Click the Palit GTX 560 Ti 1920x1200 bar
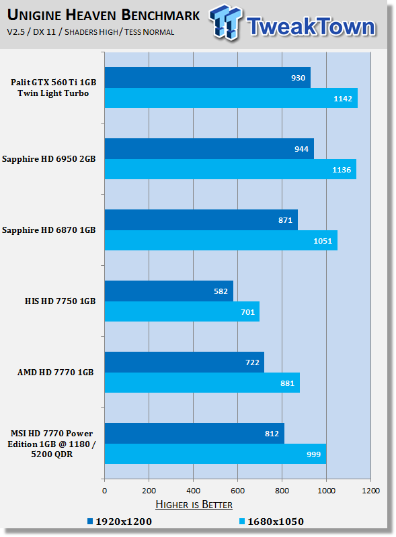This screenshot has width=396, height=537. coord(208,77)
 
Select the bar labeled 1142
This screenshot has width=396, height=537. coord(231,98)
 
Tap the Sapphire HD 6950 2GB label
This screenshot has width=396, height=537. coord(48,159)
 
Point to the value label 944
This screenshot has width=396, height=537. coord(301,149)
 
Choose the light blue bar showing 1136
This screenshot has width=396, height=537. coord(230,169)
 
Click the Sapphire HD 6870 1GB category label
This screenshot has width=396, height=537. coord(48,230)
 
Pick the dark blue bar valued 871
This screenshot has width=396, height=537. coord(201,220)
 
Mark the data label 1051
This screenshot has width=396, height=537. coord(323,241)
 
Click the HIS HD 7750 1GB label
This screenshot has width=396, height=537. coord(60,301)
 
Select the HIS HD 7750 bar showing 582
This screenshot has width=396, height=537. coord(169,291)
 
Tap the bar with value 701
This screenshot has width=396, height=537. coord(182,311)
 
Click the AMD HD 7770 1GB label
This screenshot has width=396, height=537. coord(55,373)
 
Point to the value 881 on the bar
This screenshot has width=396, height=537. coord(287,383)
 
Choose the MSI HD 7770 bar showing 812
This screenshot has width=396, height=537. coord(194,433)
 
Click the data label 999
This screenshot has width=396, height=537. coord(314,454)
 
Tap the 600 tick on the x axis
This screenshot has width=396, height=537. coord(237,491)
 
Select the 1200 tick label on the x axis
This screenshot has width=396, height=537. coord(370,491)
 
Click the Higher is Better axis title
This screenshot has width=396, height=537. coord(194,505)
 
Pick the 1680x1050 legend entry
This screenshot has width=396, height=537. coord(272,522)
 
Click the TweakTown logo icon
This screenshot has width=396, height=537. coord(225,22)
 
